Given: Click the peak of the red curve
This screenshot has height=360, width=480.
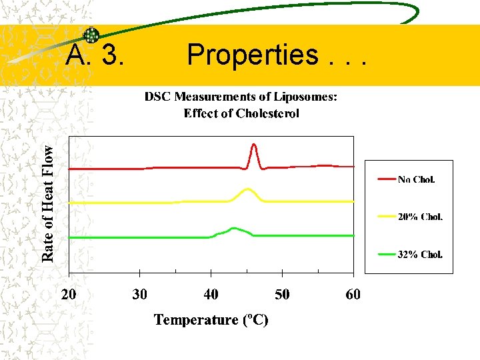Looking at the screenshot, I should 253,145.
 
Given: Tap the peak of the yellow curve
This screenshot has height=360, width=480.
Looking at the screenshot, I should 248,189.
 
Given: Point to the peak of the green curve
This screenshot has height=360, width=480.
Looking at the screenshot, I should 234,228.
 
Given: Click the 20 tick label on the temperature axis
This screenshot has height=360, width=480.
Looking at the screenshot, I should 69,294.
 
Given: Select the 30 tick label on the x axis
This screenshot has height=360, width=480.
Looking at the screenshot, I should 139,294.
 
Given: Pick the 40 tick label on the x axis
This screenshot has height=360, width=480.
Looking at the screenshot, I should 211,294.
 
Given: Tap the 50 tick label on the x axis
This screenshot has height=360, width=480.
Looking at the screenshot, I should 282,294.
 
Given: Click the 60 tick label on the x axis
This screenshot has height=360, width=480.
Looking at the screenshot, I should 353,294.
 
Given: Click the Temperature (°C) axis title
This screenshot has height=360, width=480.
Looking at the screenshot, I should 211,320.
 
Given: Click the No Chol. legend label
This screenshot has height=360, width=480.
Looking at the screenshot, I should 416,179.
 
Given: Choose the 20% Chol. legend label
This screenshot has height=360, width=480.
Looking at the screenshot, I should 420,217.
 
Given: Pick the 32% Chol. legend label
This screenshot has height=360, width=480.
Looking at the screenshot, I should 420,254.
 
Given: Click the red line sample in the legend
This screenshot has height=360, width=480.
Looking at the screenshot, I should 386,179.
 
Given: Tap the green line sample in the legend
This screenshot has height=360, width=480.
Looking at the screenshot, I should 386,254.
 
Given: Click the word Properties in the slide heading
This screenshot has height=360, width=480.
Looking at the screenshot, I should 253,55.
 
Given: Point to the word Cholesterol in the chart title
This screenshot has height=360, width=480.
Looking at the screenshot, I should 263,113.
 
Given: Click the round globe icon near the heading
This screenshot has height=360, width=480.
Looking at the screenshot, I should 91,36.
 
